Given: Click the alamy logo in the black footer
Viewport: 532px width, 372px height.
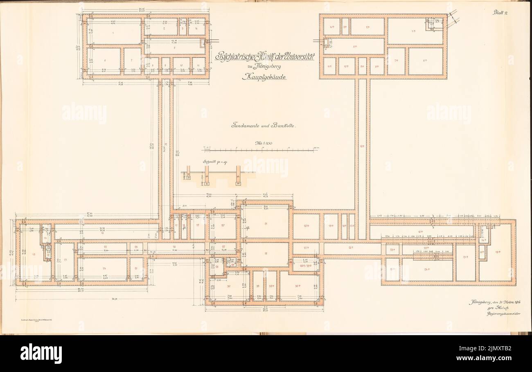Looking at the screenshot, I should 41,353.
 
